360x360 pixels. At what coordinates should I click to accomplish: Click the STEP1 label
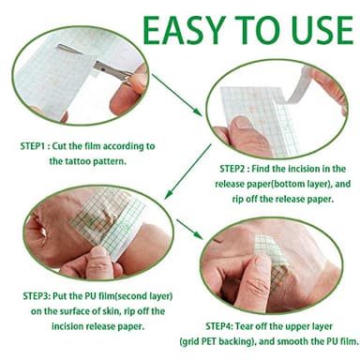click(x=33, y=146)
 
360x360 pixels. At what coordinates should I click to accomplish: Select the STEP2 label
click(x=232, y=169)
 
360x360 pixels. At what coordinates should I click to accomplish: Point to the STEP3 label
click(x=36, y=296)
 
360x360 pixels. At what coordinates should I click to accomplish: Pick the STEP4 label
click(x=218, y=326)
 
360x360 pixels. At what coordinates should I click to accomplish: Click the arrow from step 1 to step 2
click(x=176, y=95)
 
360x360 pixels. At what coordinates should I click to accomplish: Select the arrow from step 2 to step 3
click(x=188, y=172)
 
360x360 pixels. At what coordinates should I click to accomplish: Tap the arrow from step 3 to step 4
click(x=190, y=230)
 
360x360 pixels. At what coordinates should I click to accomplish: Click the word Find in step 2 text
click(x=261, y=169)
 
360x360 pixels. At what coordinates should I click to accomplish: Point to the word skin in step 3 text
click(x=112, y=311)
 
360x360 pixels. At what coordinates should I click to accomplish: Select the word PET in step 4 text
click(x=210, y=341)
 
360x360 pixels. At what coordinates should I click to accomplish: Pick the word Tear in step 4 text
click(x=244, y=326)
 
